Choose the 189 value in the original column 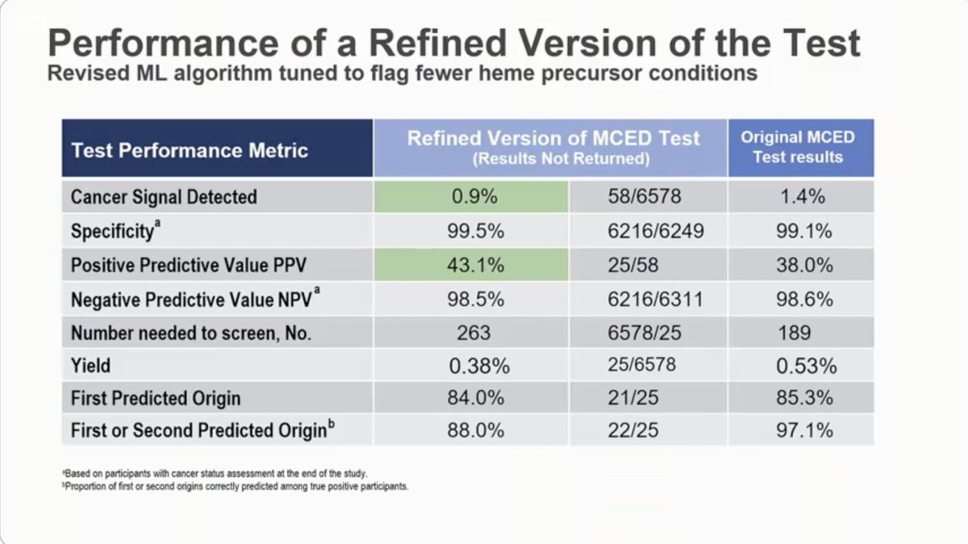(x=800, y=333)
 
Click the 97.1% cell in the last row (x=800, y=430)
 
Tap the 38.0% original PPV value (x=800, y=265)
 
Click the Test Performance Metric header (x=190, y=150)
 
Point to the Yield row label (x=90, y=366)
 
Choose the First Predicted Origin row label (x=155, y=399)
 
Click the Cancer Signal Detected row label (x=164, y=197)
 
